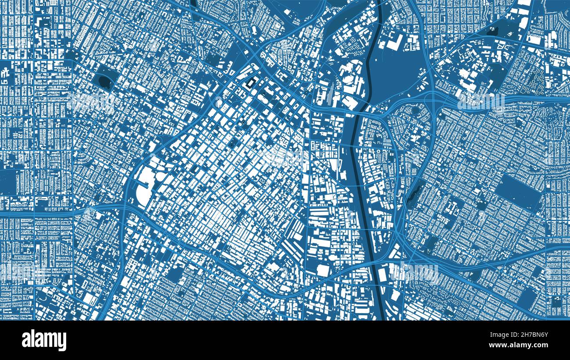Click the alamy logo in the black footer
click(x=44, y=340)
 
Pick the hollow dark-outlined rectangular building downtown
click(x=252, y=82)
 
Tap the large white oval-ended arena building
click(x=142, y=196)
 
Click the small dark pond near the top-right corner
click(x=494, y=32)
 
